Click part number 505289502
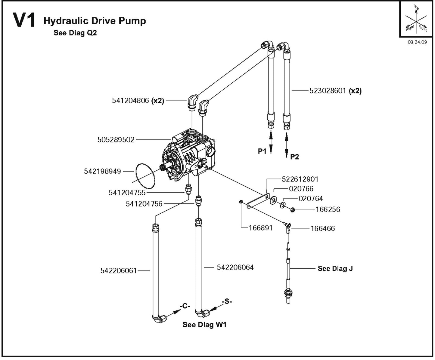[x=116, y=140]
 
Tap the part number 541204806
[x=130, y=101]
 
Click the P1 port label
[x=262, y=151]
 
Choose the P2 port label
[x=294, y=157]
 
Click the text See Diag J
[x=335, y=269]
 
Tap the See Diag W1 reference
[x=204, y=325]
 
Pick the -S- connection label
[x=227, y=301]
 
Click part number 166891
[x=260, y=228]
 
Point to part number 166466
[x=322, y=229]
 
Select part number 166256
[x=328, y=209]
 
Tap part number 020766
[x=301, y=189]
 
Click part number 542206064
[x=235, y=267]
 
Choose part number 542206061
[x=119, y=271]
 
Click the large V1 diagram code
[x=24, y=20]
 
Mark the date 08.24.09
[x=417, y=42]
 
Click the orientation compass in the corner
[x=416, y=20]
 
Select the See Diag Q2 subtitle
[x=75, y=33]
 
